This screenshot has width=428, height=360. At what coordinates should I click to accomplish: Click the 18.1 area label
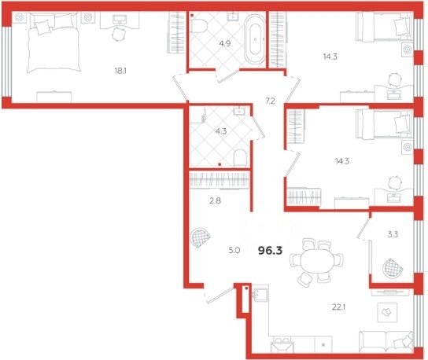pos(120,72)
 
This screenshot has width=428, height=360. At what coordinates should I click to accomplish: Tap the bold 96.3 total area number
pos(270,251)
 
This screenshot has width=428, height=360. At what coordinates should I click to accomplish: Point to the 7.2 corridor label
pos(270,101)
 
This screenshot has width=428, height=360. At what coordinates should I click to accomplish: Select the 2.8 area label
pos(215,201)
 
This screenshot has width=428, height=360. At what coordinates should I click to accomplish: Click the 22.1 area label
pos(339,307)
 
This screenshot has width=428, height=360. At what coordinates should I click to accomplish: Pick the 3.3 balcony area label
pos(393,234)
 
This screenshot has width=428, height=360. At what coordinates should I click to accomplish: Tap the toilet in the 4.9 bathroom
pos(199,26)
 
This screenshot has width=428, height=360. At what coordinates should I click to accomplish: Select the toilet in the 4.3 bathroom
pos(240,158)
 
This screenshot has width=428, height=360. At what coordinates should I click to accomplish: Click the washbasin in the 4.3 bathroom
pos(239,111)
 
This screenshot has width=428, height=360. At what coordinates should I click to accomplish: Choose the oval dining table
pos(317,261)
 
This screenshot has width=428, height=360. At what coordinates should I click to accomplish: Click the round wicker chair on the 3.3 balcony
pos(393,268)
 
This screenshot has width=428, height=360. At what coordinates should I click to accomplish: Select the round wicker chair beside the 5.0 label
pos(201,237)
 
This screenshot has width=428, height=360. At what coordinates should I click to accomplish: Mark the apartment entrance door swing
pos(220,295)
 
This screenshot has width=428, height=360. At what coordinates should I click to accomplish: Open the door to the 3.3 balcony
pos(363,227)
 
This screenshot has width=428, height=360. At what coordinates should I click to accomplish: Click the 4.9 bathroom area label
pos(225,43)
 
